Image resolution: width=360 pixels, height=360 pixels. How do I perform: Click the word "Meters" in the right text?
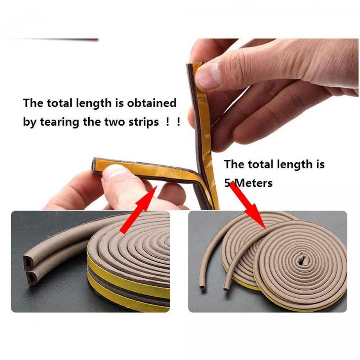pyautogui.click(x=253, y=183)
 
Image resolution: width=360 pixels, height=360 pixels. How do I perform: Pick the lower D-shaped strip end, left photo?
pyautogui.click(x=31, y=278)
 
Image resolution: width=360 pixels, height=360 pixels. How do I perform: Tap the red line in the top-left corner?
pyautogui.click(x=54, y=39)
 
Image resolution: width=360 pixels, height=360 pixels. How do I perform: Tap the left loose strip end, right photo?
pyautogui.click(x=202, y=288)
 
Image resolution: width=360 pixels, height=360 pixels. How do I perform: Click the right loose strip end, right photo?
pyautogui.click(x=226, y=288)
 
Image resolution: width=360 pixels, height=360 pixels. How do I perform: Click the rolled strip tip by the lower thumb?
pyautogui.click(x=95, y=166)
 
